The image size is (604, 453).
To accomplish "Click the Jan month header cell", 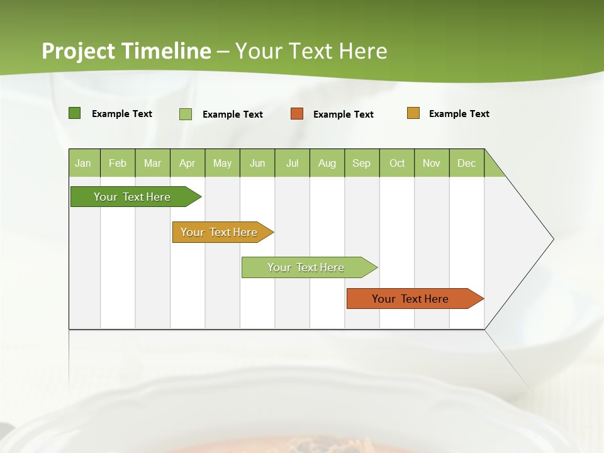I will (83, 163).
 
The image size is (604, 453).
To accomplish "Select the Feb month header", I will (118, 163).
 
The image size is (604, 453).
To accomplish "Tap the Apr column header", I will (187, 163).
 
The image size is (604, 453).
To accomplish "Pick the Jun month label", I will (257, 163).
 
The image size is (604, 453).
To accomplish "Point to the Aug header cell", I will (327, 163).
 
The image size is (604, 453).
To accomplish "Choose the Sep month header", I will (362, 163).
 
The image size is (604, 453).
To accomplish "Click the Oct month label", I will (397, 163).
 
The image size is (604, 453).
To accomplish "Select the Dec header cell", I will (467, 163).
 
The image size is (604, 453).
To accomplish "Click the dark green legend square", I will (75, 113).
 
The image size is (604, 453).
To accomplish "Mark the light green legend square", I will (186, 114).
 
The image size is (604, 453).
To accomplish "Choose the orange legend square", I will (297, 114).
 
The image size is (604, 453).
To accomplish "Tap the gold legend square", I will (413, 113).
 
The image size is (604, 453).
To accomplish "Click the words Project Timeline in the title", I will (126, 51).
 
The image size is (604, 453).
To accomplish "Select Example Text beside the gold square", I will (459, 114).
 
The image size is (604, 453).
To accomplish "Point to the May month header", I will (222, 163).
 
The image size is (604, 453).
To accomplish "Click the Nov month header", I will (432, 163).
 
